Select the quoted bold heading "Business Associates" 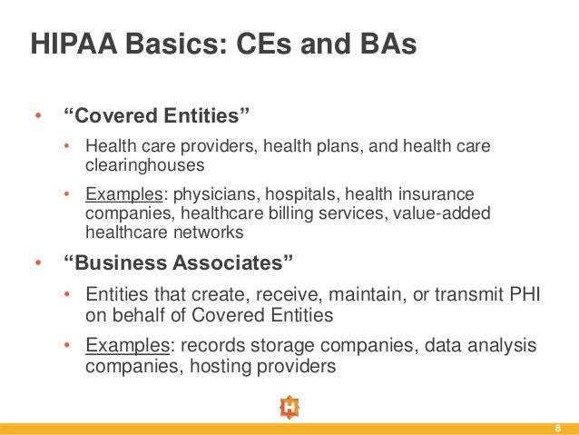[x=180, y=264]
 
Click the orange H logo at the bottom [x=289, y=408]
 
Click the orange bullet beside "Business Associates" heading [x=38, y=265]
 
